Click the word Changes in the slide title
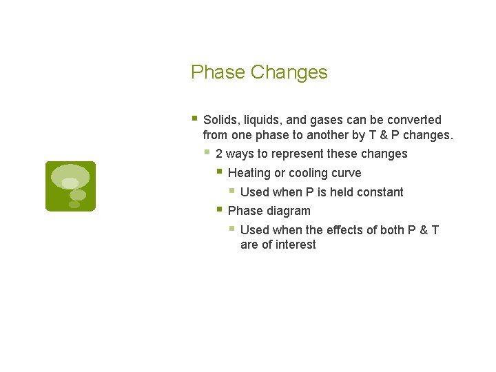[289, 72]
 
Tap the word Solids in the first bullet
[220, 120]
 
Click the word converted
[415, 120]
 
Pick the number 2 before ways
[219, 154]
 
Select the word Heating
[249, 173]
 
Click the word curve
[347, 173]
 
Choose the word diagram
[289, 211]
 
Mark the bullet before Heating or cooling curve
[219, 171]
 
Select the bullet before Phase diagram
[219, 209]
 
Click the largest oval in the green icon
[70, 175]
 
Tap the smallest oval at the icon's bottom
[74, 205]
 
